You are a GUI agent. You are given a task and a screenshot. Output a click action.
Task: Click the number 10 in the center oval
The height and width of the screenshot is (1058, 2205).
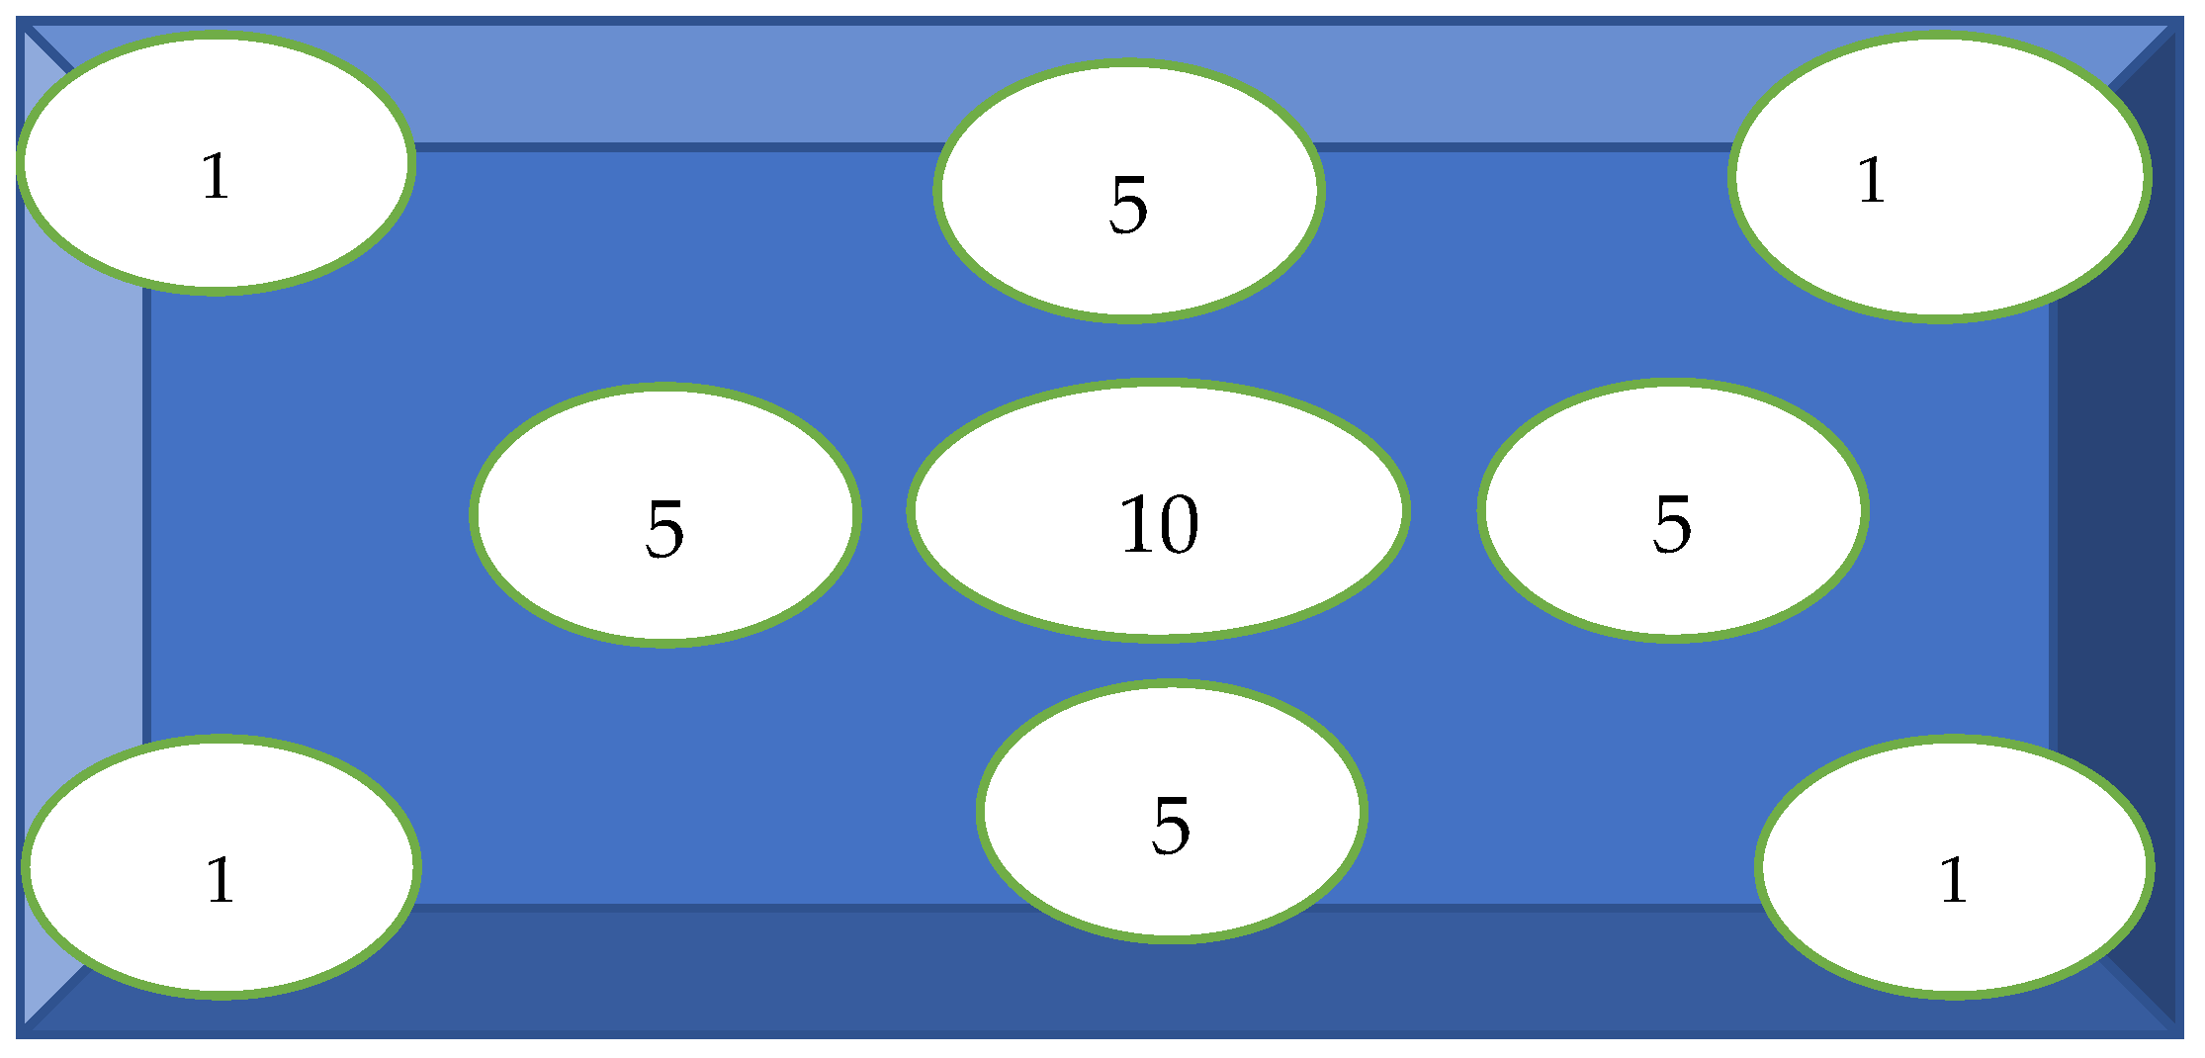point(1158,524)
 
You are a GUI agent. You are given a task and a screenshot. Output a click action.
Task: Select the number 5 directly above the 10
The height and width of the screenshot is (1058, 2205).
point(1128,205)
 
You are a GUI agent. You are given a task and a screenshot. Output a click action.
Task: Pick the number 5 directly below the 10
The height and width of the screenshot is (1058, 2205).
point(1171,825)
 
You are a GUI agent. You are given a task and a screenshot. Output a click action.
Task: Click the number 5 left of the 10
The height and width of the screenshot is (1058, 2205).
point(664,529)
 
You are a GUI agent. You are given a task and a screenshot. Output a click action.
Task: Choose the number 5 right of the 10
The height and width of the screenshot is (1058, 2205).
point(1671,524)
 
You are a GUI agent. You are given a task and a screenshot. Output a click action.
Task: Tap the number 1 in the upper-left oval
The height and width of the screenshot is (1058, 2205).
point(216,177)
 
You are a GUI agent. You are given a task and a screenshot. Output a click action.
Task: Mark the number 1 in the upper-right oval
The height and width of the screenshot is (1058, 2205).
point(1871,181)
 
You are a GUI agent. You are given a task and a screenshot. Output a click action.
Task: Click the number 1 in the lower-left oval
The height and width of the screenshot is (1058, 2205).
point(220,879)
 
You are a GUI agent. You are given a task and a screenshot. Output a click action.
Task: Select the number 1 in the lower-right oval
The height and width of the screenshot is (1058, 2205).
point(1952,879)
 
